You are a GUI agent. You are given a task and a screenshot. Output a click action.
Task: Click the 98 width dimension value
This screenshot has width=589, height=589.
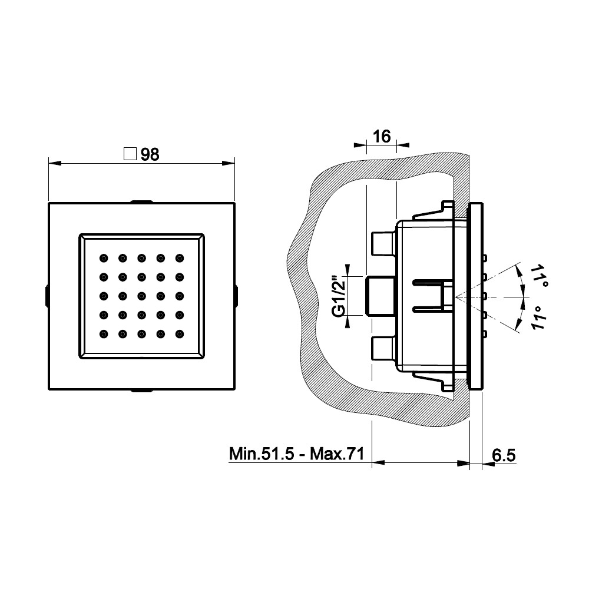150,154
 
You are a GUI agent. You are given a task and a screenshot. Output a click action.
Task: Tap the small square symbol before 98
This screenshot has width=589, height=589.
130,154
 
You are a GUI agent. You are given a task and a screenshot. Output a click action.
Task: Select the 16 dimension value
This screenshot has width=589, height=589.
382,137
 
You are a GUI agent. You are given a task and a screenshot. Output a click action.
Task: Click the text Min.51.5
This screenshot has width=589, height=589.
262,454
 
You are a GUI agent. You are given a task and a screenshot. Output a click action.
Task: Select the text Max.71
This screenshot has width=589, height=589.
337,454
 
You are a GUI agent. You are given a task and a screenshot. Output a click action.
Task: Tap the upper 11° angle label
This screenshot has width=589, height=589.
539,275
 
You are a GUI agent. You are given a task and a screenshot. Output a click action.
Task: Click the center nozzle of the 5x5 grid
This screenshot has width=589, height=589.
141,296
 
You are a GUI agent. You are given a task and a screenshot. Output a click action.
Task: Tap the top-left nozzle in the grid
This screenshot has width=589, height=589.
104,258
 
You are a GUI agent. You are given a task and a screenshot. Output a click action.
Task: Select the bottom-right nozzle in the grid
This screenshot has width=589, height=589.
180,333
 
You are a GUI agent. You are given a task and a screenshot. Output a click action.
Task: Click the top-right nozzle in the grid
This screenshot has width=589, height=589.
180,258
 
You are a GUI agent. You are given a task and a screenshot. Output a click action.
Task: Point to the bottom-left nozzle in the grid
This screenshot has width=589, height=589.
104,333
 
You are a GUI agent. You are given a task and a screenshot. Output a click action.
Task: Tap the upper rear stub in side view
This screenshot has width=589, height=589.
383,243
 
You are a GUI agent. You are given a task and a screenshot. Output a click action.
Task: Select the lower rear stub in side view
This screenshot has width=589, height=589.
383,348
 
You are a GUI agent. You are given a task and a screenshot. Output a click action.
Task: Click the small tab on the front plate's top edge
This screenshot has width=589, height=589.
141,201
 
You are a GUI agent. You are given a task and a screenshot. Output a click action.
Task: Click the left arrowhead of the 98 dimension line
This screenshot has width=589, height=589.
55,163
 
